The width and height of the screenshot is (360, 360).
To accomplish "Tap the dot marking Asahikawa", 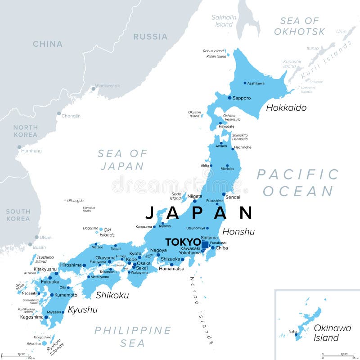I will point(245,83).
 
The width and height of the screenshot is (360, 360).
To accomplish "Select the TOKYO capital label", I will point(183,242).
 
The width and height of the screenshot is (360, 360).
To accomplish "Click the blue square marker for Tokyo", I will point(205,244).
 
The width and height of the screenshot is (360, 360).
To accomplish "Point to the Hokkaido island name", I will point(286,108).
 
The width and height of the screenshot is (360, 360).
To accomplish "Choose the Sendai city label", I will point(233,197).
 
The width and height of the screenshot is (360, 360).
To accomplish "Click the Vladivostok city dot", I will point(94,89).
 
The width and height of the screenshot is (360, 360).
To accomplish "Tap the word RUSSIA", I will point(150,36).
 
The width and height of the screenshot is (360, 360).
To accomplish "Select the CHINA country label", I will point(47,44).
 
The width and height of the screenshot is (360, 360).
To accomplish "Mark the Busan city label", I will point(40,247).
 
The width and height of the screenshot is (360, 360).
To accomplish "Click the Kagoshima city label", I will point(31,317).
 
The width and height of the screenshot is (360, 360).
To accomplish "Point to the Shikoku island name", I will point(112,295).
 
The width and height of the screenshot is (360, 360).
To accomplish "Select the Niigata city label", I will point(194,196).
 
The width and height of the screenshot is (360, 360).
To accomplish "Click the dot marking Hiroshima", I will point(84,265).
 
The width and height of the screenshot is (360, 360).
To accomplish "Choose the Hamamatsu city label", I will point(171,269).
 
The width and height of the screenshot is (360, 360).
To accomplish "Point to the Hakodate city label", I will point(226,126).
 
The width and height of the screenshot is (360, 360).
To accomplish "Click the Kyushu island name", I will point(82,310).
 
